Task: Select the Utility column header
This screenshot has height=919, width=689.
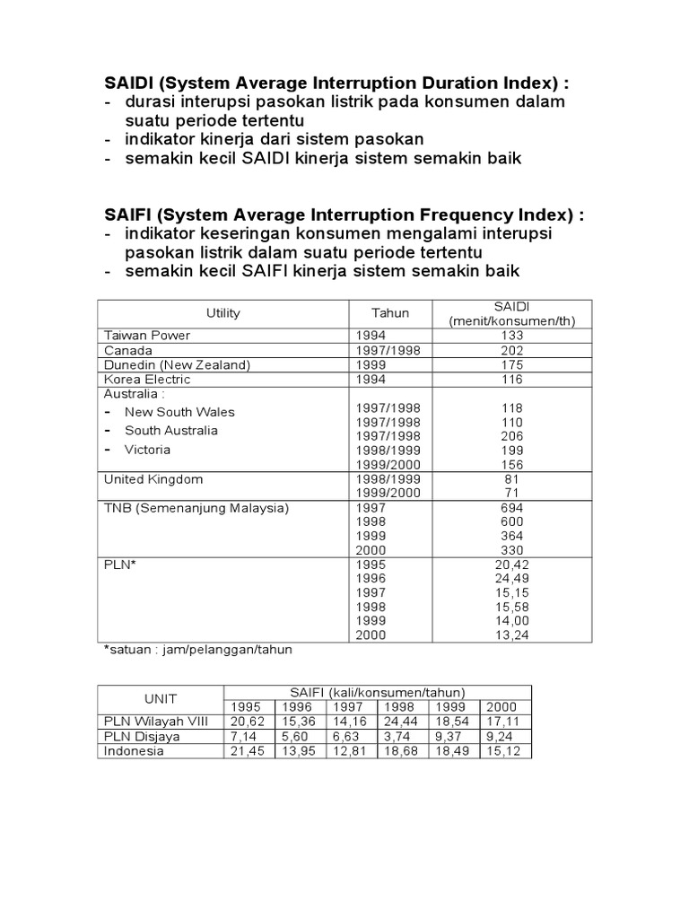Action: (x=222, y=313)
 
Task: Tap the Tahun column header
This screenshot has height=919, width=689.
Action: (x=390, y=313)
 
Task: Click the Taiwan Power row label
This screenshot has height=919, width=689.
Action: (x=147, y=335)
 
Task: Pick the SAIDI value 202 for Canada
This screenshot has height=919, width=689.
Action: (x=512, y=350)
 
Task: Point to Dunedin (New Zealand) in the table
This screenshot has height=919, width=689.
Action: (x=177, y=364)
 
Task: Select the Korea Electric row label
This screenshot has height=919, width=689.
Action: (x=147, y=380)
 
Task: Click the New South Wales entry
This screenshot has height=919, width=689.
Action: (x=179, y=412)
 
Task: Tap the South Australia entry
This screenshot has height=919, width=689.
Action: (x=170, y=431)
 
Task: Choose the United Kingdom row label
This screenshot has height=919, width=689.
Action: (x=153, y=479)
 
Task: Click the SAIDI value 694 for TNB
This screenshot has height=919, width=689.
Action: (x=512, y=508)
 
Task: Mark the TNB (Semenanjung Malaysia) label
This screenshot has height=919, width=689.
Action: (x=196, y=508)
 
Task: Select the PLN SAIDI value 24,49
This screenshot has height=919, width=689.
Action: (x=512, y=578)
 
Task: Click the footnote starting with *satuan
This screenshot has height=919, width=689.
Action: (x=198, y=649)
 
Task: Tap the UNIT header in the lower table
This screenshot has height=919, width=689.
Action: (x=160, y=699)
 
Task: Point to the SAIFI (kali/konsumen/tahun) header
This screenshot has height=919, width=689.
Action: (x=377, y=692)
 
